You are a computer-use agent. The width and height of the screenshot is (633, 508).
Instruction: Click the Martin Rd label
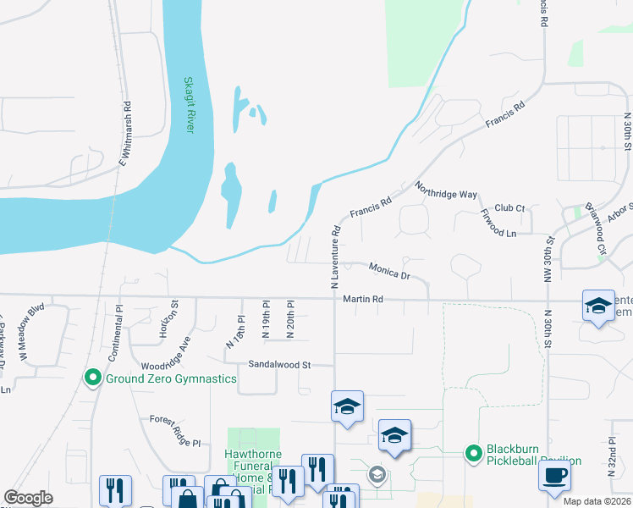click(363, 299)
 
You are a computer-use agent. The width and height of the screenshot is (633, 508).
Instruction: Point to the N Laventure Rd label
click(336, 254)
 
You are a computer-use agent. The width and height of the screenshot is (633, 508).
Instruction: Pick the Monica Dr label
click(389, 271)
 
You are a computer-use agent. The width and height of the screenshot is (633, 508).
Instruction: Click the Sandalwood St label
click(279, 365)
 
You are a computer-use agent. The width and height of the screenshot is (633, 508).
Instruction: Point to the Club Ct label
click(509, 207)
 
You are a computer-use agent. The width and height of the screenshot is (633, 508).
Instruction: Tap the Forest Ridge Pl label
click(175, 431)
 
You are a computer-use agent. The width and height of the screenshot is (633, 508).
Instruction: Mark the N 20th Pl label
click(289, 320)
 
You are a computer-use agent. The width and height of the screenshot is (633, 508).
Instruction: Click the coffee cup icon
click(554, 474)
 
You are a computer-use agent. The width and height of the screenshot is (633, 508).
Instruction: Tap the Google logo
click(28, 498)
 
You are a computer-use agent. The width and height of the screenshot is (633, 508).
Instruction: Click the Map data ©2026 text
click(597, 501)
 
